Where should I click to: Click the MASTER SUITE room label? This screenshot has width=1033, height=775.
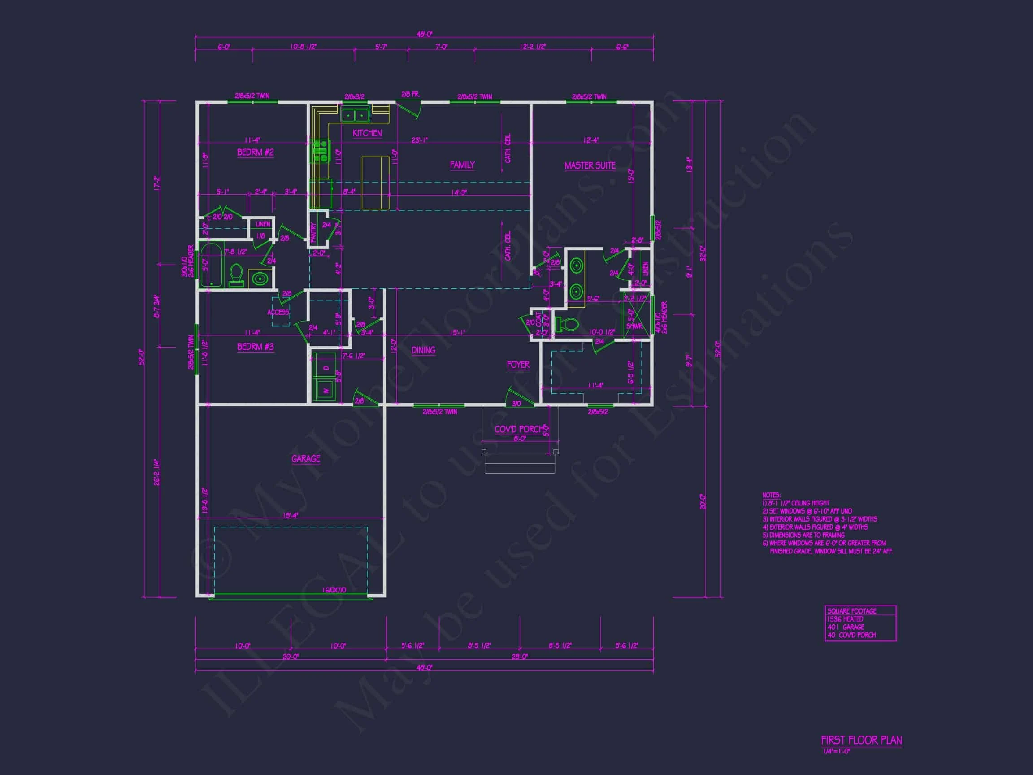click(x=590, y=165)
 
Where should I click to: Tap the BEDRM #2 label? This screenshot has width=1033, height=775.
click(x=256, y=152)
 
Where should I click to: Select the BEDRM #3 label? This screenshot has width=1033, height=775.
click(x=256, y=347)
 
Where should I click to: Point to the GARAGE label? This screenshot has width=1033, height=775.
click(x=306, y=459)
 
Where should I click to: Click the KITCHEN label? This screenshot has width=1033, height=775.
click(x=367, y=133)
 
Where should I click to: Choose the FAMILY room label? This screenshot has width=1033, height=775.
click(x=462, y=165)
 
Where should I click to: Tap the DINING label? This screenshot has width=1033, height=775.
click(x=423, y=350)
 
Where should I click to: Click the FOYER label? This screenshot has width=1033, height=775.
click(x=518, y=364)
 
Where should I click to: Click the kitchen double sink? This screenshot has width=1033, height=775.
click(x=355, y=114)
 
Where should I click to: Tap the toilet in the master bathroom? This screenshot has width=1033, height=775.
click(x=566, y=324)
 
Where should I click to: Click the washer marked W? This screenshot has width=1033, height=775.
click(x=326, y=390)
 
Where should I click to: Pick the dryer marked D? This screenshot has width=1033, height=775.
click(x=326, y=367)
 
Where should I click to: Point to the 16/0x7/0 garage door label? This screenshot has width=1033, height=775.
click(x=334, y=590)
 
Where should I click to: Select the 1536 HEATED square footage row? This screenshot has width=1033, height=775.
click(x=845, y=619)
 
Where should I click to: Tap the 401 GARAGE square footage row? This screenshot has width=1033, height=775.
click(x=845, y=627)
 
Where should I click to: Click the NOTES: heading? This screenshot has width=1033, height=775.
click(x=771, y=495)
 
